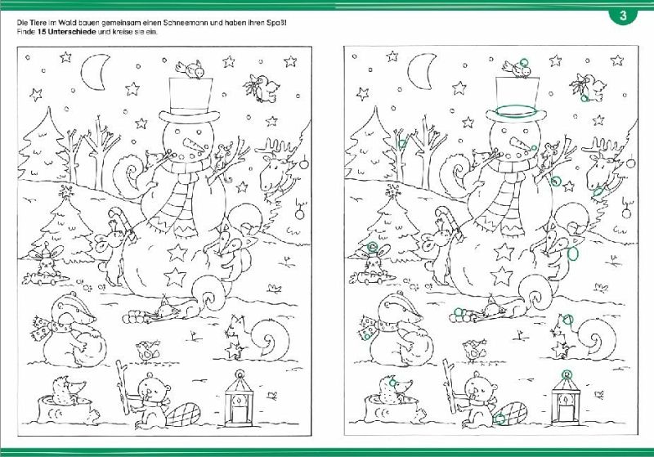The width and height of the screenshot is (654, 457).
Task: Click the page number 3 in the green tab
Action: [623, 16]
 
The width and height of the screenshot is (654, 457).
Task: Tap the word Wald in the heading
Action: [66, 23]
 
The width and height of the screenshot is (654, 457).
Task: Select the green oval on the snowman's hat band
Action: [517, 111]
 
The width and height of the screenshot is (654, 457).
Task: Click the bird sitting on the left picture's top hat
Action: [190, 69]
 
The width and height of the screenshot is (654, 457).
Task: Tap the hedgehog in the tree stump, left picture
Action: [69, 390]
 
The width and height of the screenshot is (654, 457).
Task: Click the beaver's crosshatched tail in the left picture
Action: [183, 414]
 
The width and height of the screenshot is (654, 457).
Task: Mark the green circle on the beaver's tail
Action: [499, 419]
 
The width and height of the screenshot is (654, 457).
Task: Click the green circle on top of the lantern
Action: [566, 374]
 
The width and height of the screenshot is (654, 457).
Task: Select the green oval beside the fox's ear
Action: [574, 253]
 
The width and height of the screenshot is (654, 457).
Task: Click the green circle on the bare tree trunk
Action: [401, 144]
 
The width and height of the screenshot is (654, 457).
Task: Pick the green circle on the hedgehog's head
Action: [392, 382]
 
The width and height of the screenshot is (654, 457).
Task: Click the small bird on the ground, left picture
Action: [147, 350]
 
